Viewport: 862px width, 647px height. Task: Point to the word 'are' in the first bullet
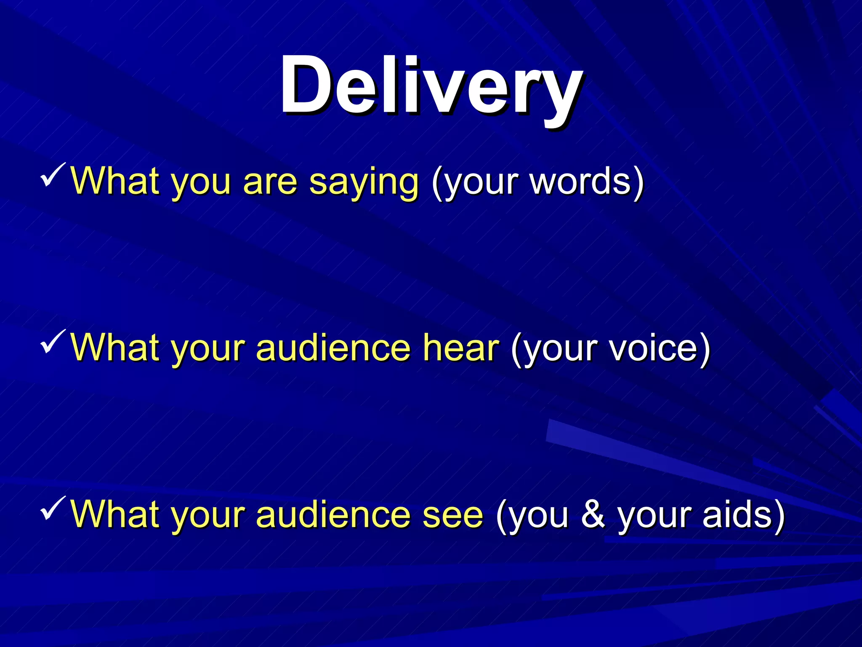pyautogui.click(x=270, y=182)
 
